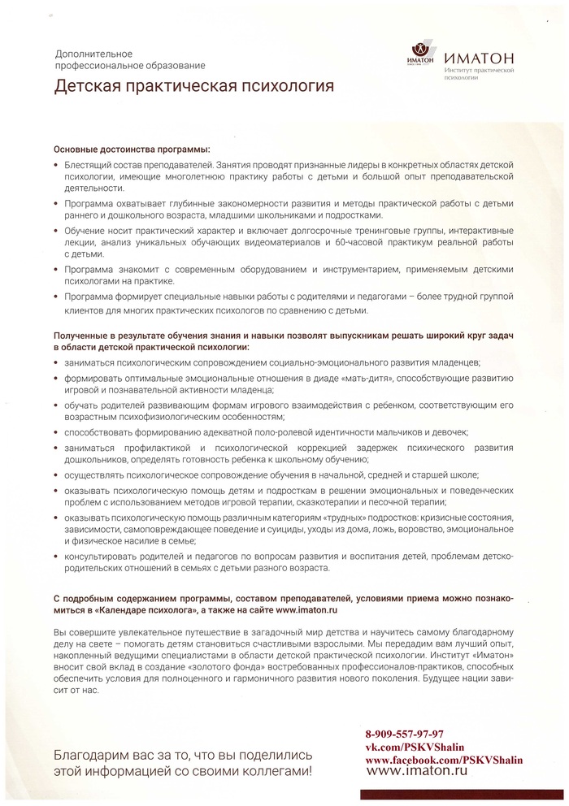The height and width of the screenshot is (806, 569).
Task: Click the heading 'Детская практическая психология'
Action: click(x=193, y=86)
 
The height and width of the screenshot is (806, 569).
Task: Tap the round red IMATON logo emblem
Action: click(x=420, y=51)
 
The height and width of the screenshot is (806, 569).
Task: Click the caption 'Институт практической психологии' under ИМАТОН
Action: click(x=481, y=76)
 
